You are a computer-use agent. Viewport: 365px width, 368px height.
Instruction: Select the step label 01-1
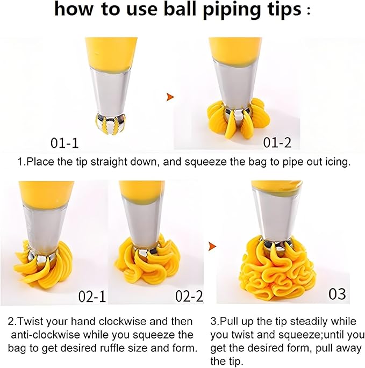click(x=65, y=143)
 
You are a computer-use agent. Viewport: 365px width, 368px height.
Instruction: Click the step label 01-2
click(x=277, y=142)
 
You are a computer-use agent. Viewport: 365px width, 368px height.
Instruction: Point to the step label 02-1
click(x=92, y=296)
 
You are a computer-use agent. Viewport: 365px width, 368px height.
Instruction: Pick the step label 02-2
click(x=189, y=296)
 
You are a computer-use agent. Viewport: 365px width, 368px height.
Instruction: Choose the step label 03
click(x=337, y=294)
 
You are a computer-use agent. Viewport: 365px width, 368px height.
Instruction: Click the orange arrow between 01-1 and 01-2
click(x=170, y=97)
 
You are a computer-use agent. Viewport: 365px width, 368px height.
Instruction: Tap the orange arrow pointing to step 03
click(x=212, y=247)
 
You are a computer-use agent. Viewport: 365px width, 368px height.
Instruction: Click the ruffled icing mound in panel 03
click(x=277, y=272)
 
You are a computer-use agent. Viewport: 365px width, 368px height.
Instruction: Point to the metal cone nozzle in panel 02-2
click(x=142, y=223)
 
